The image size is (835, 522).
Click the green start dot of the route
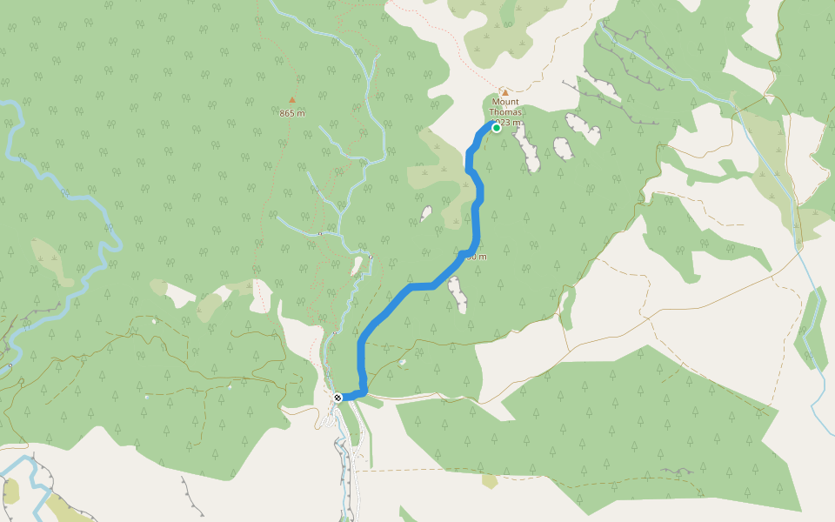497,128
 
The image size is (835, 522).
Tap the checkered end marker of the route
337,398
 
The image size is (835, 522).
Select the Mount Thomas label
504,106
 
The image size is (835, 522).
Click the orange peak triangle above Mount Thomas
504,91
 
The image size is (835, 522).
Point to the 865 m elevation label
292,113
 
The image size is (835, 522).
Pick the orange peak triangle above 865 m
292,100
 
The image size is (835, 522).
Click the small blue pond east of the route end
402,361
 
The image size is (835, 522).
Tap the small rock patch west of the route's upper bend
426,213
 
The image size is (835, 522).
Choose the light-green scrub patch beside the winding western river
48,257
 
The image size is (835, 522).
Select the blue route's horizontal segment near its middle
422,285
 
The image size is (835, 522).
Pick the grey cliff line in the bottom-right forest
678,472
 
